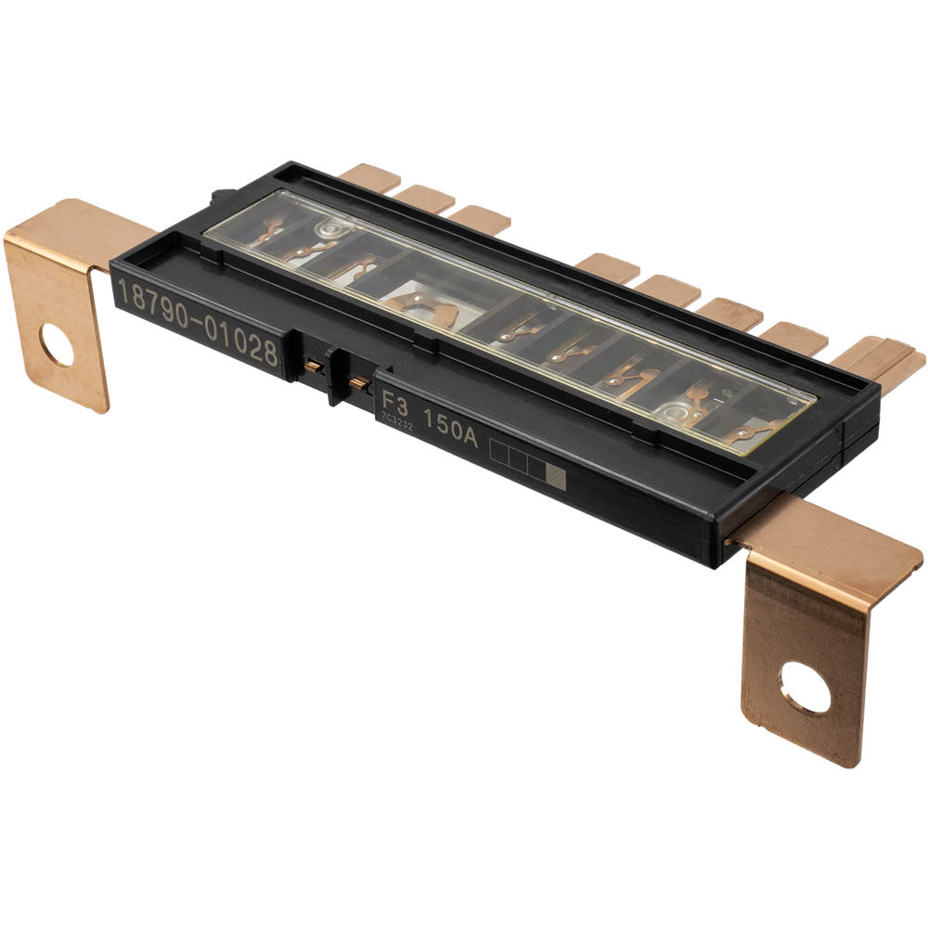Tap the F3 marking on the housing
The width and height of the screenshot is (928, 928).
point(394,406)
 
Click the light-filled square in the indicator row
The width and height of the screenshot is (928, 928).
point(556,478)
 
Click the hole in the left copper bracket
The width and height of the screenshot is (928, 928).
point(57,348)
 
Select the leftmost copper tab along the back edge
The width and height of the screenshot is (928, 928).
point(369,176)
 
